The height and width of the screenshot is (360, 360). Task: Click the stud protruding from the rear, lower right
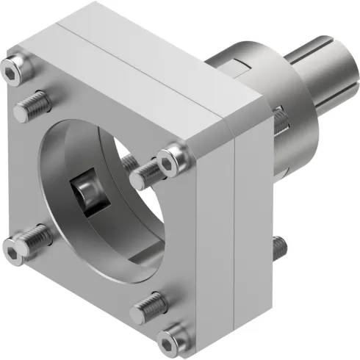tap(278, 249)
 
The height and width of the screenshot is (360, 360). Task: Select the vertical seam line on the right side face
tap(234, 220)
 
